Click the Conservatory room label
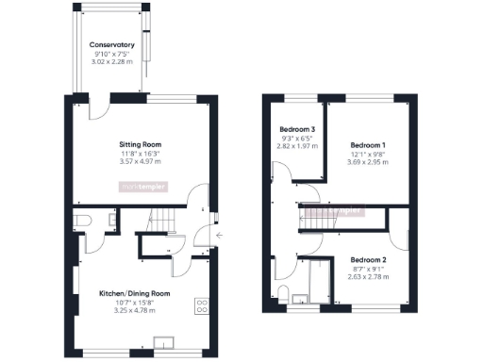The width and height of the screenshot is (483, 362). [x=111, y=44]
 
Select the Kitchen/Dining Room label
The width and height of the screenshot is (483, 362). [x=134, y=293]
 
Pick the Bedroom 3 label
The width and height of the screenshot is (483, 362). [x=297, y=128]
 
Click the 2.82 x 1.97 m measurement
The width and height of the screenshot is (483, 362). [x=297, y=146]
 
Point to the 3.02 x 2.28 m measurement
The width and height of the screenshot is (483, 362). [x=111, y=63]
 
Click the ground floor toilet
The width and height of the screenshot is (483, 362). [x=82, y=220]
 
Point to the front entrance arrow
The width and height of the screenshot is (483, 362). [x=218, y=236]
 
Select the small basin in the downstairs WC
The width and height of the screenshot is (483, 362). [x=111, y=220]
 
